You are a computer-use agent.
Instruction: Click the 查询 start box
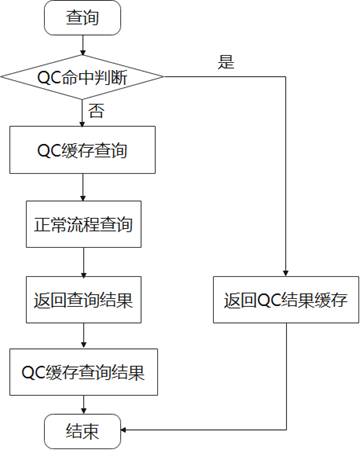pos(82,18)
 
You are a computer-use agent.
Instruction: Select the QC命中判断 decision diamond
pos(82,77)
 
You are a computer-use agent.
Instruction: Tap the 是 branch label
pos(226,62)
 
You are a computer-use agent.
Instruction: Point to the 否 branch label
pos(96,110)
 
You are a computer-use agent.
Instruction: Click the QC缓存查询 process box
pos(82,150)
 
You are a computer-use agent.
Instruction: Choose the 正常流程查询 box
pos(84,224)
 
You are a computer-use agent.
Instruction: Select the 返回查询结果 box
pos(84,299)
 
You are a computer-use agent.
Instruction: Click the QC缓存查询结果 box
pos(83,372)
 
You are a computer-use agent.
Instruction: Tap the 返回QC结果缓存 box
pos(286,299)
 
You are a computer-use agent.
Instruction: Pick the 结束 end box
pos(82,431)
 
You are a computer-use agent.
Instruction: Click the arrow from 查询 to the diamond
pos(83,45)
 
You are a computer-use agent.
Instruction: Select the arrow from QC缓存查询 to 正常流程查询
pos(83,187)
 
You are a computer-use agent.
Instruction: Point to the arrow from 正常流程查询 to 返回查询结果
pos(84,262)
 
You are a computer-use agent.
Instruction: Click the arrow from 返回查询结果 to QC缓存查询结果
pos(84,336)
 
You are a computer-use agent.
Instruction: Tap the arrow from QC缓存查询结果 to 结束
pos(84,405)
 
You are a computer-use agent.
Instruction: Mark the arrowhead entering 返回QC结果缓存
pos(286,273)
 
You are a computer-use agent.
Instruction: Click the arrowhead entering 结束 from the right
pos(124,430)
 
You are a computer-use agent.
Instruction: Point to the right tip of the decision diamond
pos(164,77)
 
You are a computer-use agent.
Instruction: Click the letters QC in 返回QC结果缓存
pos(269,300)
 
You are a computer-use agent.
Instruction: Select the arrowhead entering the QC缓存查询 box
pos(82,123)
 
